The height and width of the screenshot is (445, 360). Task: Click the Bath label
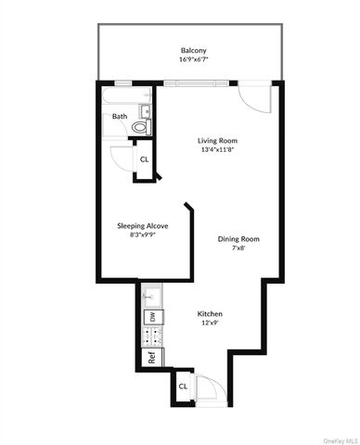tap(120, 117)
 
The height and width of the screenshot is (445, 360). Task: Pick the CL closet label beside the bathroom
tap(144, 159)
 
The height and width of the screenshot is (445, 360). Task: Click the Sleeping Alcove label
tap(142, 225)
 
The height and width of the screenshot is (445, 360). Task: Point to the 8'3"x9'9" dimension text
tap(142, 235)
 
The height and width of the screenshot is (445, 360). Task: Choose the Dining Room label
tap(238, 239)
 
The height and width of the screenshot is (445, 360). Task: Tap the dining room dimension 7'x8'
tap(238, 249)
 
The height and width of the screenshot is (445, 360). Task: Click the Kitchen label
tap(210, 314)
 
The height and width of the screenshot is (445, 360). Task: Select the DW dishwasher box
tap(150, 318)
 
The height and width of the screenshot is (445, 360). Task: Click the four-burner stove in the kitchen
tap(152, 338)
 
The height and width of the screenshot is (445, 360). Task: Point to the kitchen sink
tap(152, 297)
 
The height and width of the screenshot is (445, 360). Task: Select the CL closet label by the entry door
tap(183, 386)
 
